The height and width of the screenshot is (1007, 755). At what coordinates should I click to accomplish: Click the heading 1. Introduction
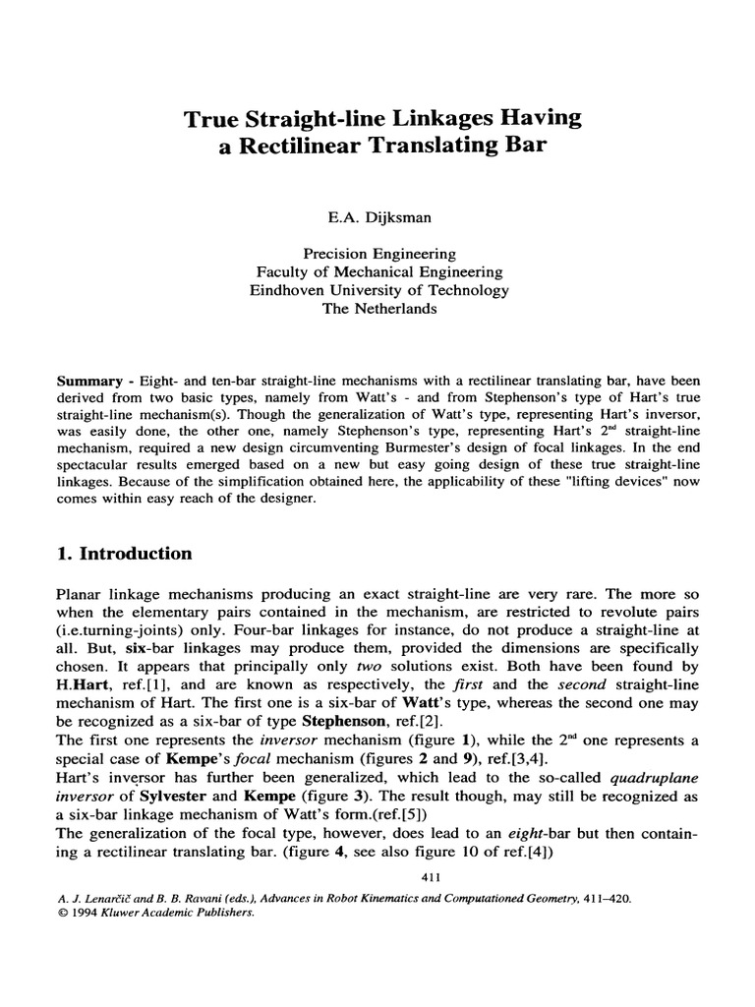[124, 554]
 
